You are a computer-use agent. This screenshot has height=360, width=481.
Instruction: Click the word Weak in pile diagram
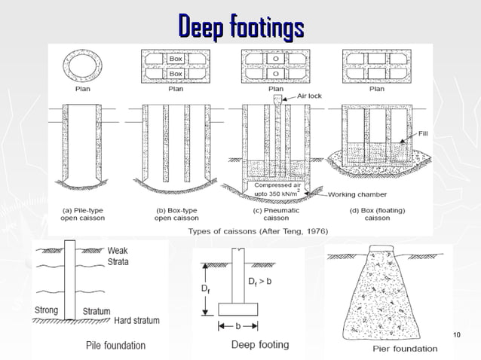(118, 251)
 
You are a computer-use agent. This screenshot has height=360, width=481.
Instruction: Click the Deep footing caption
(260, 345)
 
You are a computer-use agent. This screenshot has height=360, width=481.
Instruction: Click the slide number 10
(455, 334)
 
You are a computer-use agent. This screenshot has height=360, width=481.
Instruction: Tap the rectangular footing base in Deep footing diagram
(238, 310)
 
